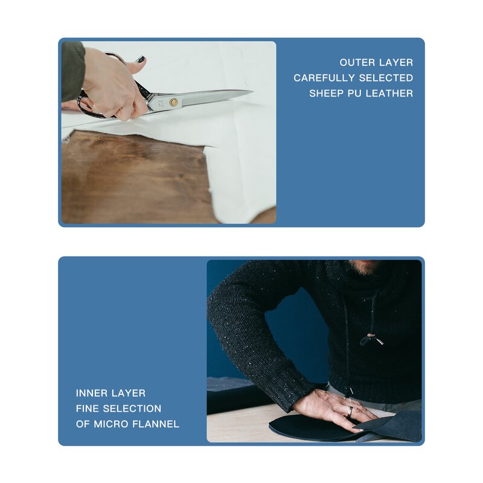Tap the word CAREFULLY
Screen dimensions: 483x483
point(324,78)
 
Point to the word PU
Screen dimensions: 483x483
point(354,94)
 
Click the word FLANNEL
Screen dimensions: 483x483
point(156,424)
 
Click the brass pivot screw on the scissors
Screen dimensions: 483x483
point(174,102)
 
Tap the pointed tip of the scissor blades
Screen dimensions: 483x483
point(252,91)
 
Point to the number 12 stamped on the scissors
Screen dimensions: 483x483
point(161,103)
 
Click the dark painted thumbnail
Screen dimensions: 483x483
point(141,59)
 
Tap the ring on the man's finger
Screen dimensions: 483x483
point(350,412)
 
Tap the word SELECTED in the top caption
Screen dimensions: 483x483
point(386,78)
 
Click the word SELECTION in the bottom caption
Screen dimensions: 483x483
point(132,409)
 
